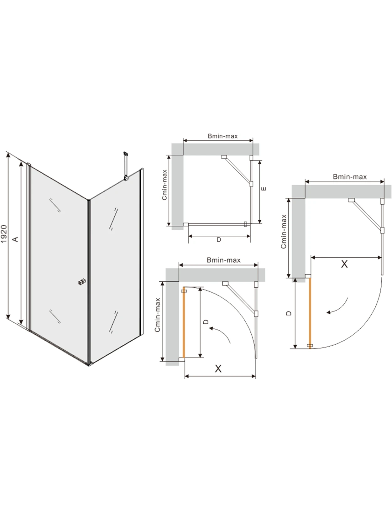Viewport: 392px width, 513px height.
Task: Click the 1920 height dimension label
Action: click(x=4, y=234)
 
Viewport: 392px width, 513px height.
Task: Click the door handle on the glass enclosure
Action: click(x=82, y=282)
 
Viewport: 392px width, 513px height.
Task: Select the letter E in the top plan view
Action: click(x=264, y=189)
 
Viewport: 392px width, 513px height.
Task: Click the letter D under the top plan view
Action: click(x=219, y=239)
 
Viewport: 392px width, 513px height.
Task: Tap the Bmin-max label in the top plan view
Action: click(x=222, y=136)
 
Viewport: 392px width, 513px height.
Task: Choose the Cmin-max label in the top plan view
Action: click(x=165, y=185)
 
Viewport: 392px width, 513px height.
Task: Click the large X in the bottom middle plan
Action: click(x=218, y=369)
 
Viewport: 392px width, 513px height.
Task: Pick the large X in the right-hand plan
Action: click(x=344, y=264)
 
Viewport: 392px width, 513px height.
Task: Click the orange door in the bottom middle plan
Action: click(x=184, y=322)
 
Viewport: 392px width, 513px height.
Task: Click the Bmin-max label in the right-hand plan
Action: click(x=350, y=177)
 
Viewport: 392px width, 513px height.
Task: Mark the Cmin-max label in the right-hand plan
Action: click(x=284, y=231)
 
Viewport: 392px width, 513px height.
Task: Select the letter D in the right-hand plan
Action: click(x=289, y=313)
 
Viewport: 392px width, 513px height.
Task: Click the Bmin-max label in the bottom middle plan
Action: click(x=223, y=260)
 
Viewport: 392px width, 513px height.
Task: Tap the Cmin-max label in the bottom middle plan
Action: click(x=157, y=315)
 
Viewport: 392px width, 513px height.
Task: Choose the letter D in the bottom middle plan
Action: click(x=206, y=322)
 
